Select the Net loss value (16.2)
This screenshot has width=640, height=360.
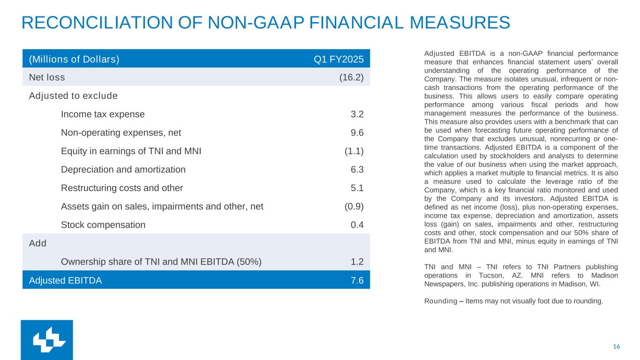point(351,77)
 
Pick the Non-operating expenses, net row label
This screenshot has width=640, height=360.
point(121,133)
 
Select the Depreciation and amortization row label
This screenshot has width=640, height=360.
point(123,170)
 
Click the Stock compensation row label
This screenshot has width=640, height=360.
point(103,225)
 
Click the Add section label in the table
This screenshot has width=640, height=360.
point(38,243)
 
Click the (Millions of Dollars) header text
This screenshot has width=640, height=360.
point(74,59)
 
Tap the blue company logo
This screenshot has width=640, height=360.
point(47,340)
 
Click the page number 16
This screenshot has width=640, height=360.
point(617,346)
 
